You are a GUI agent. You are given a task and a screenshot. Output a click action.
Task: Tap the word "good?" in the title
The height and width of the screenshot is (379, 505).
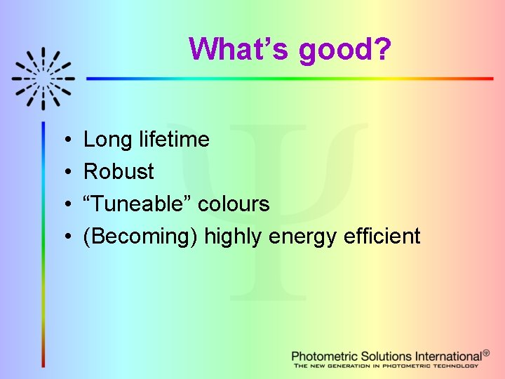(x=345, y=51)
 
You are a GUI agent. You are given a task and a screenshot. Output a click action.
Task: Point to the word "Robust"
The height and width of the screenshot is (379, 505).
(x=119, y=171)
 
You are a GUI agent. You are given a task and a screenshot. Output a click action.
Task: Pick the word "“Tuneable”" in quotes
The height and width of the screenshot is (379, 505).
(x=137, y=204)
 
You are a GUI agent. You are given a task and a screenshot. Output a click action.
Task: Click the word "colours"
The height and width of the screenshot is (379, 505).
(x=234, y=204)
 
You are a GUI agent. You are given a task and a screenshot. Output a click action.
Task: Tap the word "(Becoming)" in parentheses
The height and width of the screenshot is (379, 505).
(x=140, y=237)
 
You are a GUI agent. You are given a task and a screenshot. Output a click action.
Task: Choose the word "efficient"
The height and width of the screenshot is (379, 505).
(x=382, y=236)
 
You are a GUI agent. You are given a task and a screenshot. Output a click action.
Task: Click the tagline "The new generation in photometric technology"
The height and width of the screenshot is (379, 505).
(x=386, y=366)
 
